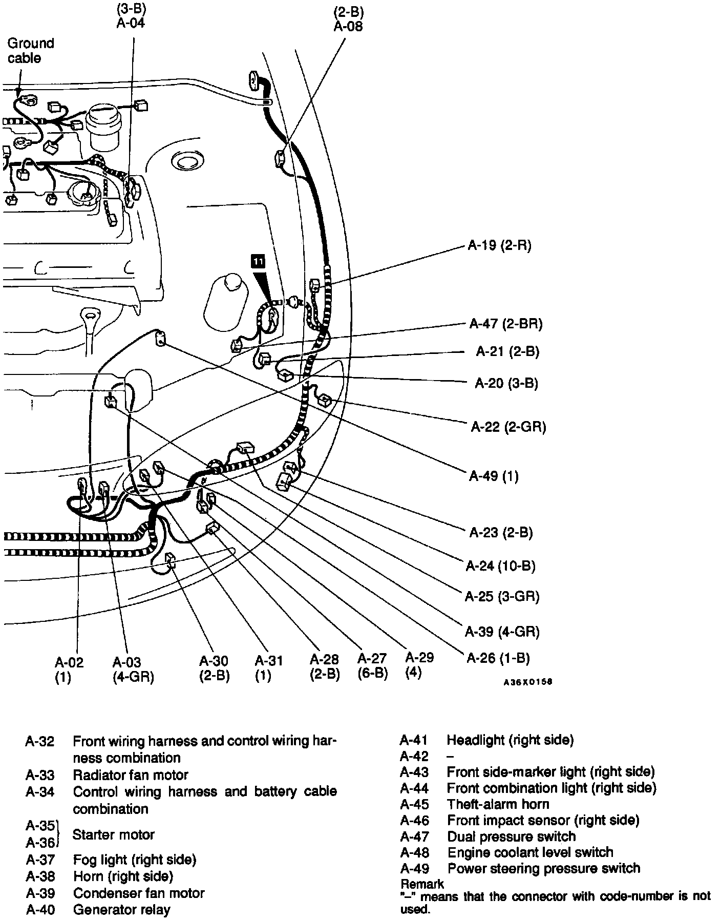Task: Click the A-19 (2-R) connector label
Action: point(499,246)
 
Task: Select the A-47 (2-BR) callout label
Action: point(505,324)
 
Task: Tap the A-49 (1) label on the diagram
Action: point(494,476)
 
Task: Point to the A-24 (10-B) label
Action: point(500,566)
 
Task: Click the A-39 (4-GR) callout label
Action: point(502,632)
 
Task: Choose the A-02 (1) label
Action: point(69,669)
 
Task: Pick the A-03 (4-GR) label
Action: point(133,669)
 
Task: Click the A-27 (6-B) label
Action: point(372,665)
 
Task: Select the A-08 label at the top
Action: point(348,27)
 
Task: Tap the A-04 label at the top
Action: point(131,23)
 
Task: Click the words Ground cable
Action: point(30,50)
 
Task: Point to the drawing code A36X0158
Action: point(528,682)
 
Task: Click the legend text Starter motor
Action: point(113,835)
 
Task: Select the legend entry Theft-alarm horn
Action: point(498,804)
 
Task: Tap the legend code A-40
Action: point(40,910)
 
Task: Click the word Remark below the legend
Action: point(422,884)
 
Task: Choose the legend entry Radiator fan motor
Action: point(130,775)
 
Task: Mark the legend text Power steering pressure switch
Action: point(543,868)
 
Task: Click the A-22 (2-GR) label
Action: point(508,427)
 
